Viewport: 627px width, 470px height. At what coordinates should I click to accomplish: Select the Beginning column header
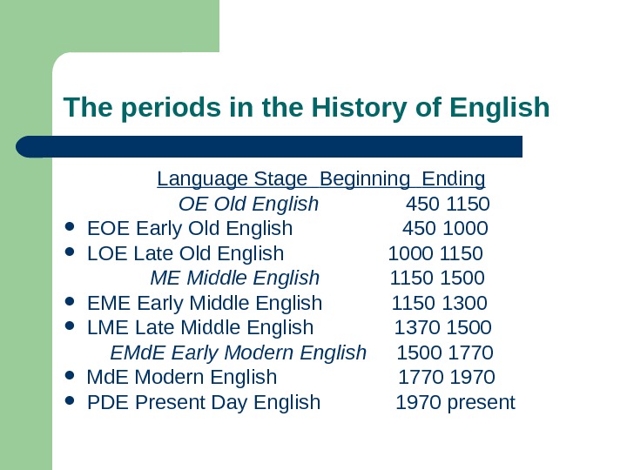click(365, 179)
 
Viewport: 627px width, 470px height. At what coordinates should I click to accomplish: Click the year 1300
click(465, 303)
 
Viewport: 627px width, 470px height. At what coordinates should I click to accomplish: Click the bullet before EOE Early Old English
click(71, 230)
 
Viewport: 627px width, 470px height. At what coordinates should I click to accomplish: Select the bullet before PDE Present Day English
click(71, 403)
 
